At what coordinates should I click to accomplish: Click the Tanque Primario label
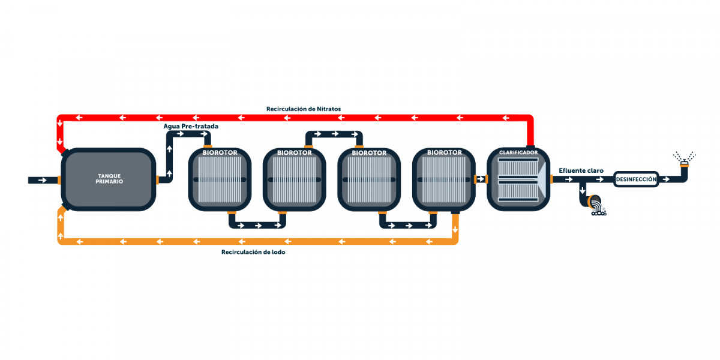coord(109,179)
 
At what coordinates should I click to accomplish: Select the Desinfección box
coord(636,179)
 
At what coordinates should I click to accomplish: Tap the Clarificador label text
coord(518,152)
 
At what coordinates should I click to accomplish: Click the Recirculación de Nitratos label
coord(304,109)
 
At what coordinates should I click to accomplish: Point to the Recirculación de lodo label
coord(253,252)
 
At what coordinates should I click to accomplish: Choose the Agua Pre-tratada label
coord(191,127)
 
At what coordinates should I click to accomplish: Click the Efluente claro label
coord(581,170)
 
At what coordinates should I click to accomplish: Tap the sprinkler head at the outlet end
coord(685,164)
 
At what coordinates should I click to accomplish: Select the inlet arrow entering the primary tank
coord(43,181)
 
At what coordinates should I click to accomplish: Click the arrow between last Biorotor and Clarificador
coord(481,179)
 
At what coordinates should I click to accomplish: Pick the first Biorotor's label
coord(220,152)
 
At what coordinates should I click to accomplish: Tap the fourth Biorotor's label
coord(444,152)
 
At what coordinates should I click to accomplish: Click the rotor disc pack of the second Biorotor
coord(294,179)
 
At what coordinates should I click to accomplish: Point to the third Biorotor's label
coord(369,153)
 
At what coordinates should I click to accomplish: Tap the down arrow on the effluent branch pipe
coord(583,190)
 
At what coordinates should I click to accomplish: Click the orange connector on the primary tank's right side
coord(157,180)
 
